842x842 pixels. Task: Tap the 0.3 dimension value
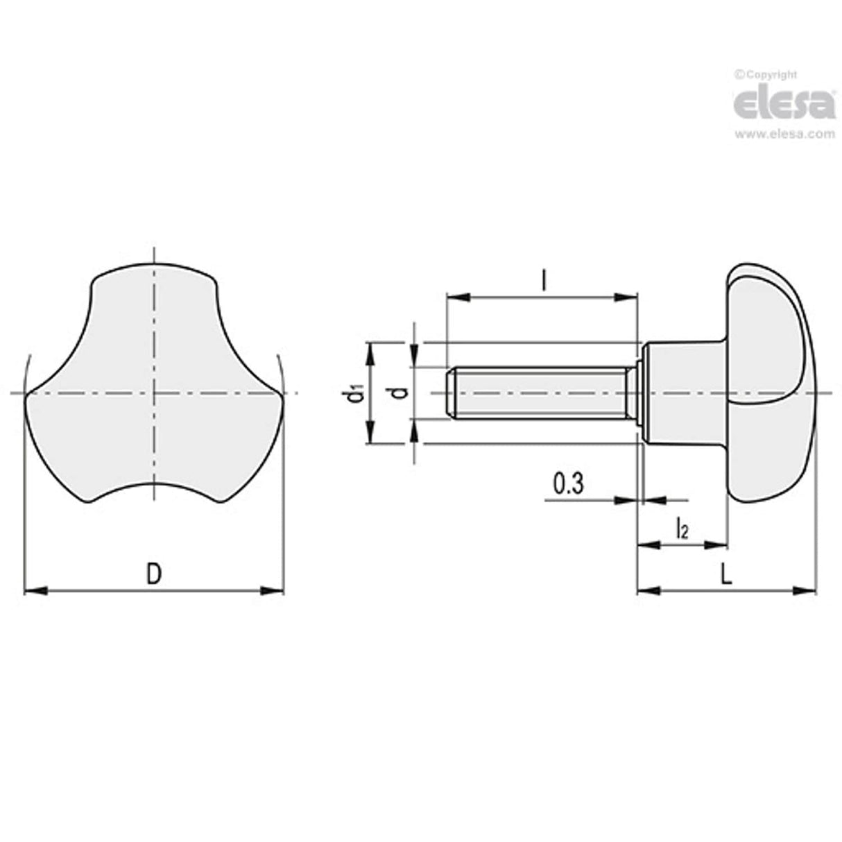coord(568,484)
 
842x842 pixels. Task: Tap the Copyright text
coord(766,75)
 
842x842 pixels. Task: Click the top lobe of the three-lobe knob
coord(154,291)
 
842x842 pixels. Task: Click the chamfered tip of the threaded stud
coord(449,393)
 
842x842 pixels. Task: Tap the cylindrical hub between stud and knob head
coord(683,392)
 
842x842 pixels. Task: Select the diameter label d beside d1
coord(398,393)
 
